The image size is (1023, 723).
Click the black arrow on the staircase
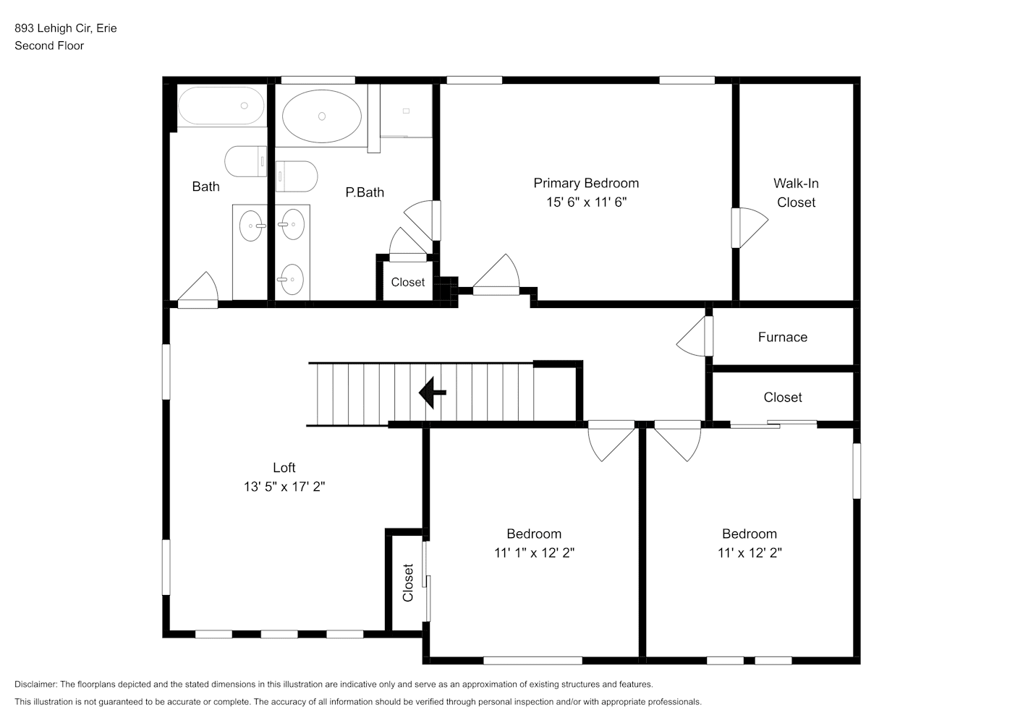pos(432,393)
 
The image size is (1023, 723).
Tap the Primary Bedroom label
pos(586,183)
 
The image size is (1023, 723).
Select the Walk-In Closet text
pos(796,192)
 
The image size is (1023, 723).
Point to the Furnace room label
pos(782,338)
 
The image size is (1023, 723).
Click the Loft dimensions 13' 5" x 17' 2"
pos(284,487)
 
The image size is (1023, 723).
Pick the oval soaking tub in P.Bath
pos(321,116)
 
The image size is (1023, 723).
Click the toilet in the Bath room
pos(246,161)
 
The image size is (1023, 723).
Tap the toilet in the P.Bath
pos(297,176)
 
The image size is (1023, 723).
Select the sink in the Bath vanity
pos(251,226)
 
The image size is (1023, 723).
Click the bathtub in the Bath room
pos(221,106)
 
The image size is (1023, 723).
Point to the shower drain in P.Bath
pos(406,111)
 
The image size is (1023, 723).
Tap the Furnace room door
pos(695,336)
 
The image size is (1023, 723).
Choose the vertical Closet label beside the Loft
pos(408,583)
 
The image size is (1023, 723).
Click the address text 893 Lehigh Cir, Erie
pos(66,28)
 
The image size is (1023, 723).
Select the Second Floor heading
pos(49,46)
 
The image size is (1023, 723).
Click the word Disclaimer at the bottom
pos(36,684)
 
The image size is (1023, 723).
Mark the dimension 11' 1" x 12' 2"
pos(534,553)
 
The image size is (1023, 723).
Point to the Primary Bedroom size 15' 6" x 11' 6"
pos(587,202)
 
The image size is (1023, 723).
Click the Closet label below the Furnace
pos(782,397)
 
